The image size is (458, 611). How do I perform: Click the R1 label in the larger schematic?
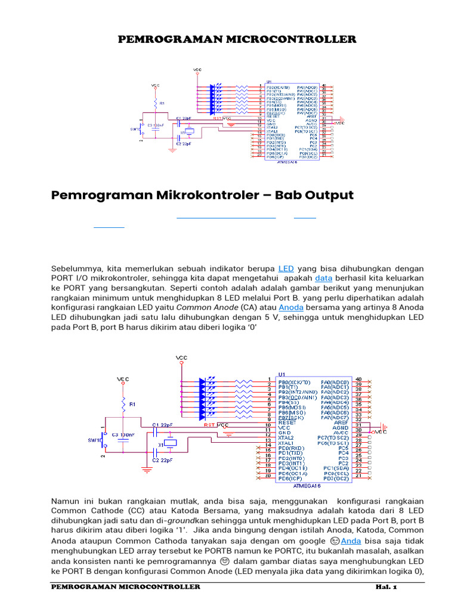click(132, 404)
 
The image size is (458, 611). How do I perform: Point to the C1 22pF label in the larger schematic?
click(163, 424)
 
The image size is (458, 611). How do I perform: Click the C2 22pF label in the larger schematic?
click(163, 461)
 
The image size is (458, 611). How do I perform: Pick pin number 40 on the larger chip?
click(358, 379)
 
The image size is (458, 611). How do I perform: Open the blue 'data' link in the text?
click(323, 279)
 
